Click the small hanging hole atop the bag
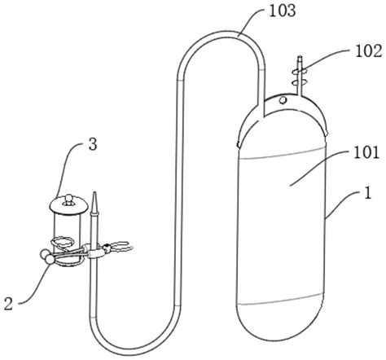point(280,100)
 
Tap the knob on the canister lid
point(67,196)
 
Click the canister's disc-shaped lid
point(67,204)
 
